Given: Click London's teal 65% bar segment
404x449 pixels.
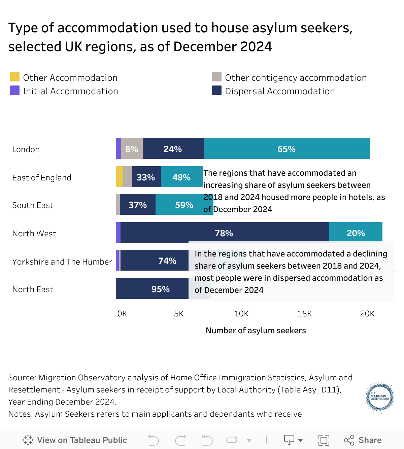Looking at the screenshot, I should (x=287, y=148).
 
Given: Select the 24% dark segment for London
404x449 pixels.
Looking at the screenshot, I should (x=173, y=148).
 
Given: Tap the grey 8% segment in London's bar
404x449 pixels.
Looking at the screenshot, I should (x=132, y=148).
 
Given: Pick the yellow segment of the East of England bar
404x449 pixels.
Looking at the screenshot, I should (x=119, y=177).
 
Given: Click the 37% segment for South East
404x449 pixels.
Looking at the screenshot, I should (x=138, y=204).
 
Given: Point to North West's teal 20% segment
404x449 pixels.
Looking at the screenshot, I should (x=356, y=233).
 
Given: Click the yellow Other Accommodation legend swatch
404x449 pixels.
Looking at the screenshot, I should (x=15, y=77).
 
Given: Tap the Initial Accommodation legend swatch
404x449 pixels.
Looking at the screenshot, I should (x=15, y=90).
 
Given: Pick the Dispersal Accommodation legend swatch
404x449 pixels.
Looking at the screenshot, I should (x=217, y=90).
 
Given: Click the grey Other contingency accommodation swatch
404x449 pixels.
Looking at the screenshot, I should (x=217, y=77).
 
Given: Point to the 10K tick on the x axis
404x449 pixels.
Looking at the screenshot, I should (x=241, y=314).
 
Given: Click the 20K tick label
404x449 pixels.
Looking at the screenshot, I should (x=367, y=314).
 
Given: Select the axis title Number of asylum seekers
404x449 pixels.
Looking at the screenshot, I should (x=256, y=331).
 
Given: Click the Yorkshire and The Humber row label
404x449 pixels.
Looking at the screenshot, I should (x=62, y=262).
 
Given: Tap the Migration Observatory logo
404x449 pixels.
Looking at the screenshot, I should (x=380, y=397).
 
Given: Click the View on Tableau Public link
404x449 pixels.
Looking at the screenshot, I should (x=75, y=440).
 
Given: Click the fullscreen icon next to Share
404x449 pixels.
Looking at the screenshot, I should (x=324, y=440).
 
